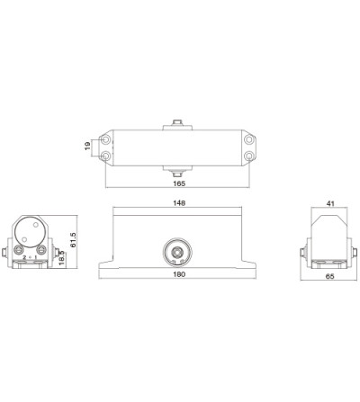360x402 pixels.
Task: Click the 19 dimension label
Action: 87,146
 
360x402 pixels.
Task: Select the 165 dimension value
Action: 179,183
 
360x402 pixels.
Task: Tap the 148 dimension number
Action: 179,203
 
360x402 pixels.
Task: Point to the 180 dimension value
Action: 179,274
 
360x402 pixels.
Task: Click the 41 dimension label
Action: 330,204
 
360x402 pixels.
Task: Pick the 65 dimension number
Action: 329,276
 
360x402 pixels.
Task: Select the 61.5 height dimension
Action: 73,240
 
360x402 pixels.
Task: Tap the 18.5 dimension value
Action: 61,258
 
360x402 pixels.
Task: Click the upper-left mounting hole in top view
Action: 105,139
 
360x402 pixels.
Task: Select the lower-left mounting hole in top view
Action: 105,156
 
